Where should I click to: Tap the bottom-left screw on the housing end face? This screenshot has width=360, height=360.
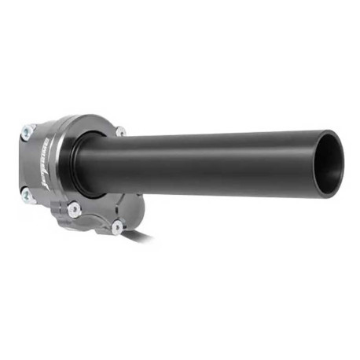tap(26, 193)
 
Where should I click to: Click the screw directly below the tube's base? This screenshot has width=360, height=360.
tap(75, 209)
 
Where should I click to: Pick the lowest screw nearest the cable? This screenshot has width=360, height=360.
tap(117, 227)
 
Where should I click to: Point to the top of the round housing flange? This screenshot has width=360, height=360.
tap(86, 118)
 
